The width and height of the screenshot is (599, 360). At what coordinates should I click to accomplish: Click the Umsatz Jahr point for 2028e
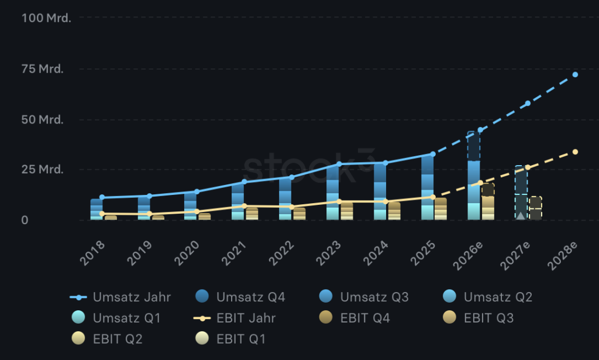click(x=575, y=74)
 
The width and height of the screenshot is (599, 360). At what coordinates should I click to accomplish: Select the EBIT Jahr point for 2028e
click(x=575, y=152)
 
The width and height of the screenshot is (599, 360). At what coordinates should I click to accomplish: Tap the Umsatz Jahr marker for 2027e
click(x=528, y=103)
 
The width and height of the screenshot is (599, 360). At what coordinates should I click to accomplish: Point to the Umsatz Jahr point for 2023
click(x=339, y=164)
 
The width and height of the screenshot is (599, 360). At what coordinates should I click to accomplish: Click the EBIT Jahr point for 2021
click(x=245, y=206)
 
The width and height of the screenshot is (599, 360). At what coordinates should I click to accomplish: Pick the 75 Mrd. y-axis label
click(x=42, y=69)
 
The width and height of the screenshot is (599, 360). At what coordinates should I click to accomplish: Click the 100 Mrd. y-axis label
click(x=46, y=18)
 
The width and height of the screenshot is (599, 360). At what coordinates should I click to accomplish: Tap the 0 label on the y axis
click(x=25, y=220)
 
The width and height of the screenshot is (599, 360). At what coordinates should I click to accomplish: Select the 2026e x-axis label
click(x=469, y=255)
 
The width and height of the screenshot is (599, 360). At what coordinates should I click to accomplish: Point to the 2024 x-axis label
click(x=376, y=253)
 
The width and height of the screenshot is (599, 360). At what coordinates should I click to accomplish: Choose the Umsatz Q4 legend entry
click(x=240, y=297)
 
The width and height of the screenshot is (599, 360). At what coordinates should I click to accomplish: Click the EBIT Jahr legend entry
click(x=235, y=318)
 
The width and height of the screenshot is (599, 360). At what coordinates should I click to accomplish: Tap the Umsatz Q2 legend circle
click(x=450, y=296)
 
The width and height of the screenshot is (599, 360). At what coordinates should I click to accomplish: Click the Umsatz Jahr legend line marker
click(x=78, y=297)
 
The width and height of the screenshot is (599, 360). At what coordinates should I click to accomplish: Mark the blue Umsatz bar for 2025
click(x=428, y=187)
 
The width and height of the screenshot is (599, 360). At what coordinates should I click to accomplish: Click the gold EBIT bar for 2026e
click(x=488, y=201)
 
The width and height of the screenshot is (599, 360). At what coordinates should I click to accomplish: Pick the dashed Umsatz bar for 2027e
click(x=521, y=193)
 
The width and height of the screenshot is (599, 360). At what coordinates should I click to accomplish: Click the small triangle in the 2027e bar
click(x=521, y=215)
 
